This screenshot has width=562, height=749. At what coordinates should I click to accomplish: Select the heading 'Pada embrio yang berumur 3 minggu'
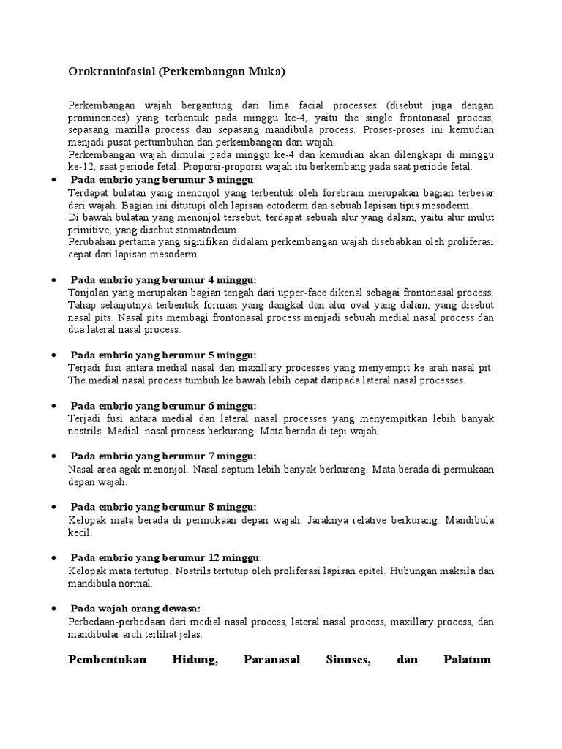[162, 180]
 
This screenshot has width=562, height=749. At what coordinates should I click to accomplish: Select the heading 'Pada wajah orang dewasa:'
[135, 609]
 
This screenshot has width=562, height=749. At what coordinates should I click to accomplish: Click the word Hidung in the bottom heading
[194, 660]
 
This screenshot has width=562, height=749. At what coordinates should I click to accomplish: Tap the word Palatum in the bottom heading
[468, 660]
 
